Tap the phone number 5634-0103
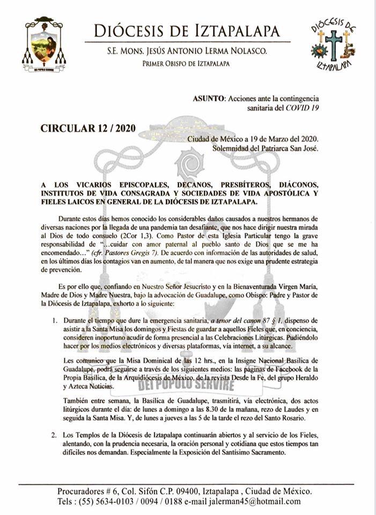109,501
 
